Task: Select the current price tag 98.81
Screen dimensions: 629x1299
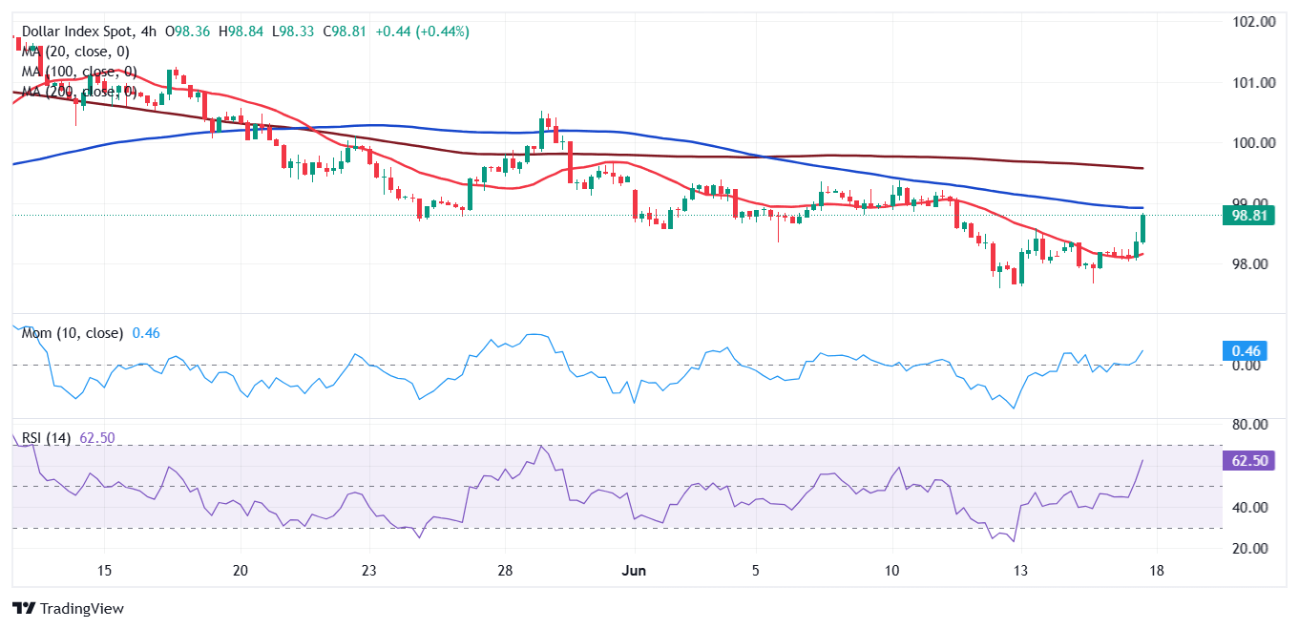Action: [x=1249, y=216]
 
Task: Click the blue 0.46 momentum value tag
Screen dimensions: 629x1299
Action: [x=1244, y=350]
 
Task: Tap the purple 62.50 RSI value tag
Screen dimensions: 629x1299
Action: [x=1247, y=461]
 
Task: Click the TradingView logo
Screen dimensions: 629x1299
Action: [x=68, y=608]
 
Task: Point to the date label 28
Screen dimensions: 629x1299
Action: [x=505, y=571]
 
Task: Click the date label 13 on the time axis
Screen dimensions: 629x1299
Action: [x=1020, y=571]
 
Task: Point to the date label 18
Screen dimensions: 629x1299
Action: [x=1157, y=571]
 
